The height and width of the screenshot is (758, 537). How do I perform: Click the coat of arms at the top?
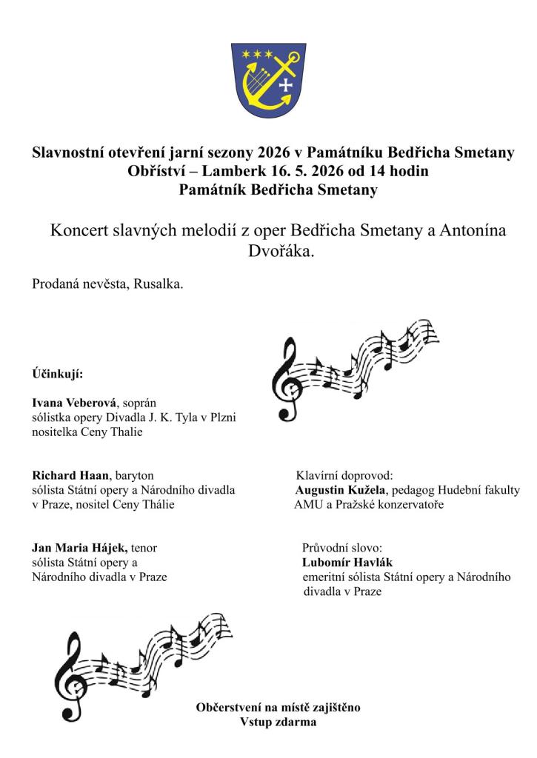[268, 79]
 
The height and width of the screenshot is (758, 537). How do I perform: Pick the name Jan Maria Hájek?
[80, 548]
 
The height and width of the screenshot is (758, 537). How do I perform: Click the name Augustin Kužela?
[336, 490]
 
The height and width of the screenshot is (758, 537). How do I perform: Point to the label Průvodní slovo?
[341, 548]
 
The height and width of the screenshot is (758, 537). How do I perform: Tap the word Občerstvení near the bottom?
[232, 708]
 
